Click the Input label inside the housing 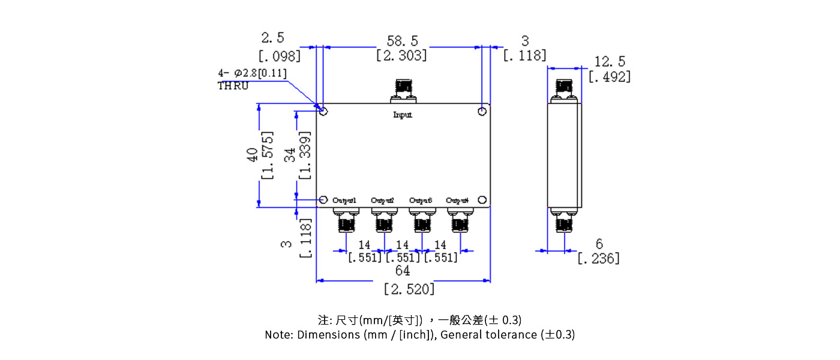point(403,115)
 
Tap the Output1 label point(344,200)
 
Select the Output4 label point(457,200)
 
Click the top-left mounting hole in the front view point(323,112)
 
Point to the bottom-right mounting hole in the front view point(482,200)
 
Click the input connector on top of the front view point(403,91)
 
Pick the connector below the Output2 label point(383,220)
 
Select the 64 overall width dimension point(403,271)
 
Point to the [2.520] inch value point(409,289)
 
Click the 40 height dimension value point(253,155)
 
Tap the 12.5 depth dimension point(610,61)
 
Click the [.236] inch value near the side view point(598,259)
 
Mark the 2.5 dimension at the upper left point(273,38)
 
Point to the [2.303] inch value point(402,55)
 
